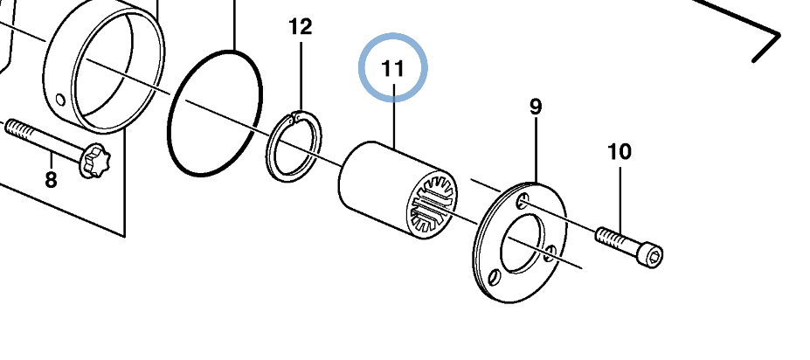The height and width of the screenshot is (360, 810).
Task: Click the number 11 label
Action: point(393,67)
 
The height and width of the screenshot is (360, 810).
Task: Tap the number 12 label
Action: point(300,27)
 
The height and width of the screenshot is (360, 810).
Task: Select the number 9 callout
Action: point(535,107)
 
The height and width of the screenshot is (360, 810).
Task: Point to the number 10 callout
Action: point(619,152)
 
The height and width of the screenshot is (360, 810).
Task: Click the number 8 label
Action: point(51,180)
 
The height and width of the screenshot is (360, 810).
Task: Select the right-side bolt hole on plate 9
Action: point(550,253)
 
